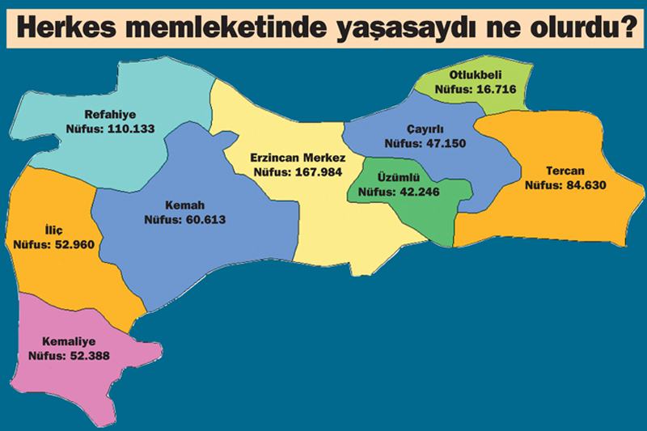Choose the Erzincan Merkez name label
(x=298, y=158)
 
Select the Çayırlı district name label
(x=427, y=130)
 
